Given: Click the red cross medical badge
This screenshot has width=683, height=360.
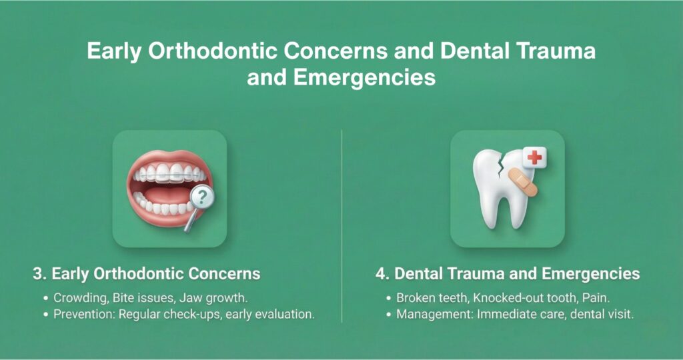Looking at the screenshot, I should pyautogui.click(x=535, y=159).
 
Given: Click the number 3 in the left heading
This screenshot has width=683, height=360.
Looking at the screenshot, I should pyautogui.click(x=37, y=274).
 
